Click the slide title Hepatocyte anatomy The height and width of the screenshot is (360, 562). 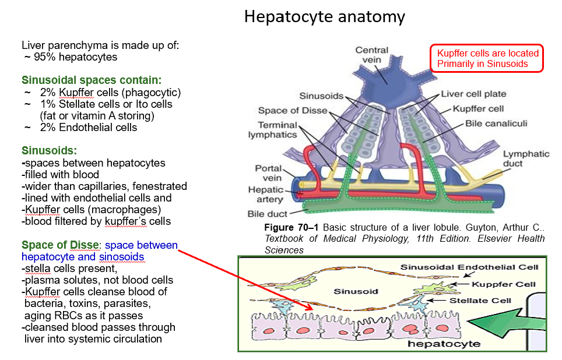[324, 16]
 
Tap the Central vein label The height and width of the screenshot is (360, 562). [371, 55]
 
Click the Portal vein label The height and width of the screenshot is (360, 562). [268, 173]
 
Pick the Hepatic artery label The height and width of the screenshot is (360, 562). [266, 194]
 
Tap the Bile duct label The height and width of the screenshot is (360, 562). [268, 214]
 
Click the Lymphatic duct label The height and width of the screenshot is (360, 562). [526, 158]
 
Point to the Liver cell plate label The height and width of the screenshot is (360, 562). [473, 94]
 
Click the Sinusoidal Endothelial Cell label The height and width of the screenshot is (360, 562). [469, 267]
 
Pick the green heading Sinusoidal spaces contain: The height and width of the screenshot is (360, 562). [92, 80]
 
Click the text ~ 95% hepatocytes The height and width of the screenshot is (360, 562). [71, 57]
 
